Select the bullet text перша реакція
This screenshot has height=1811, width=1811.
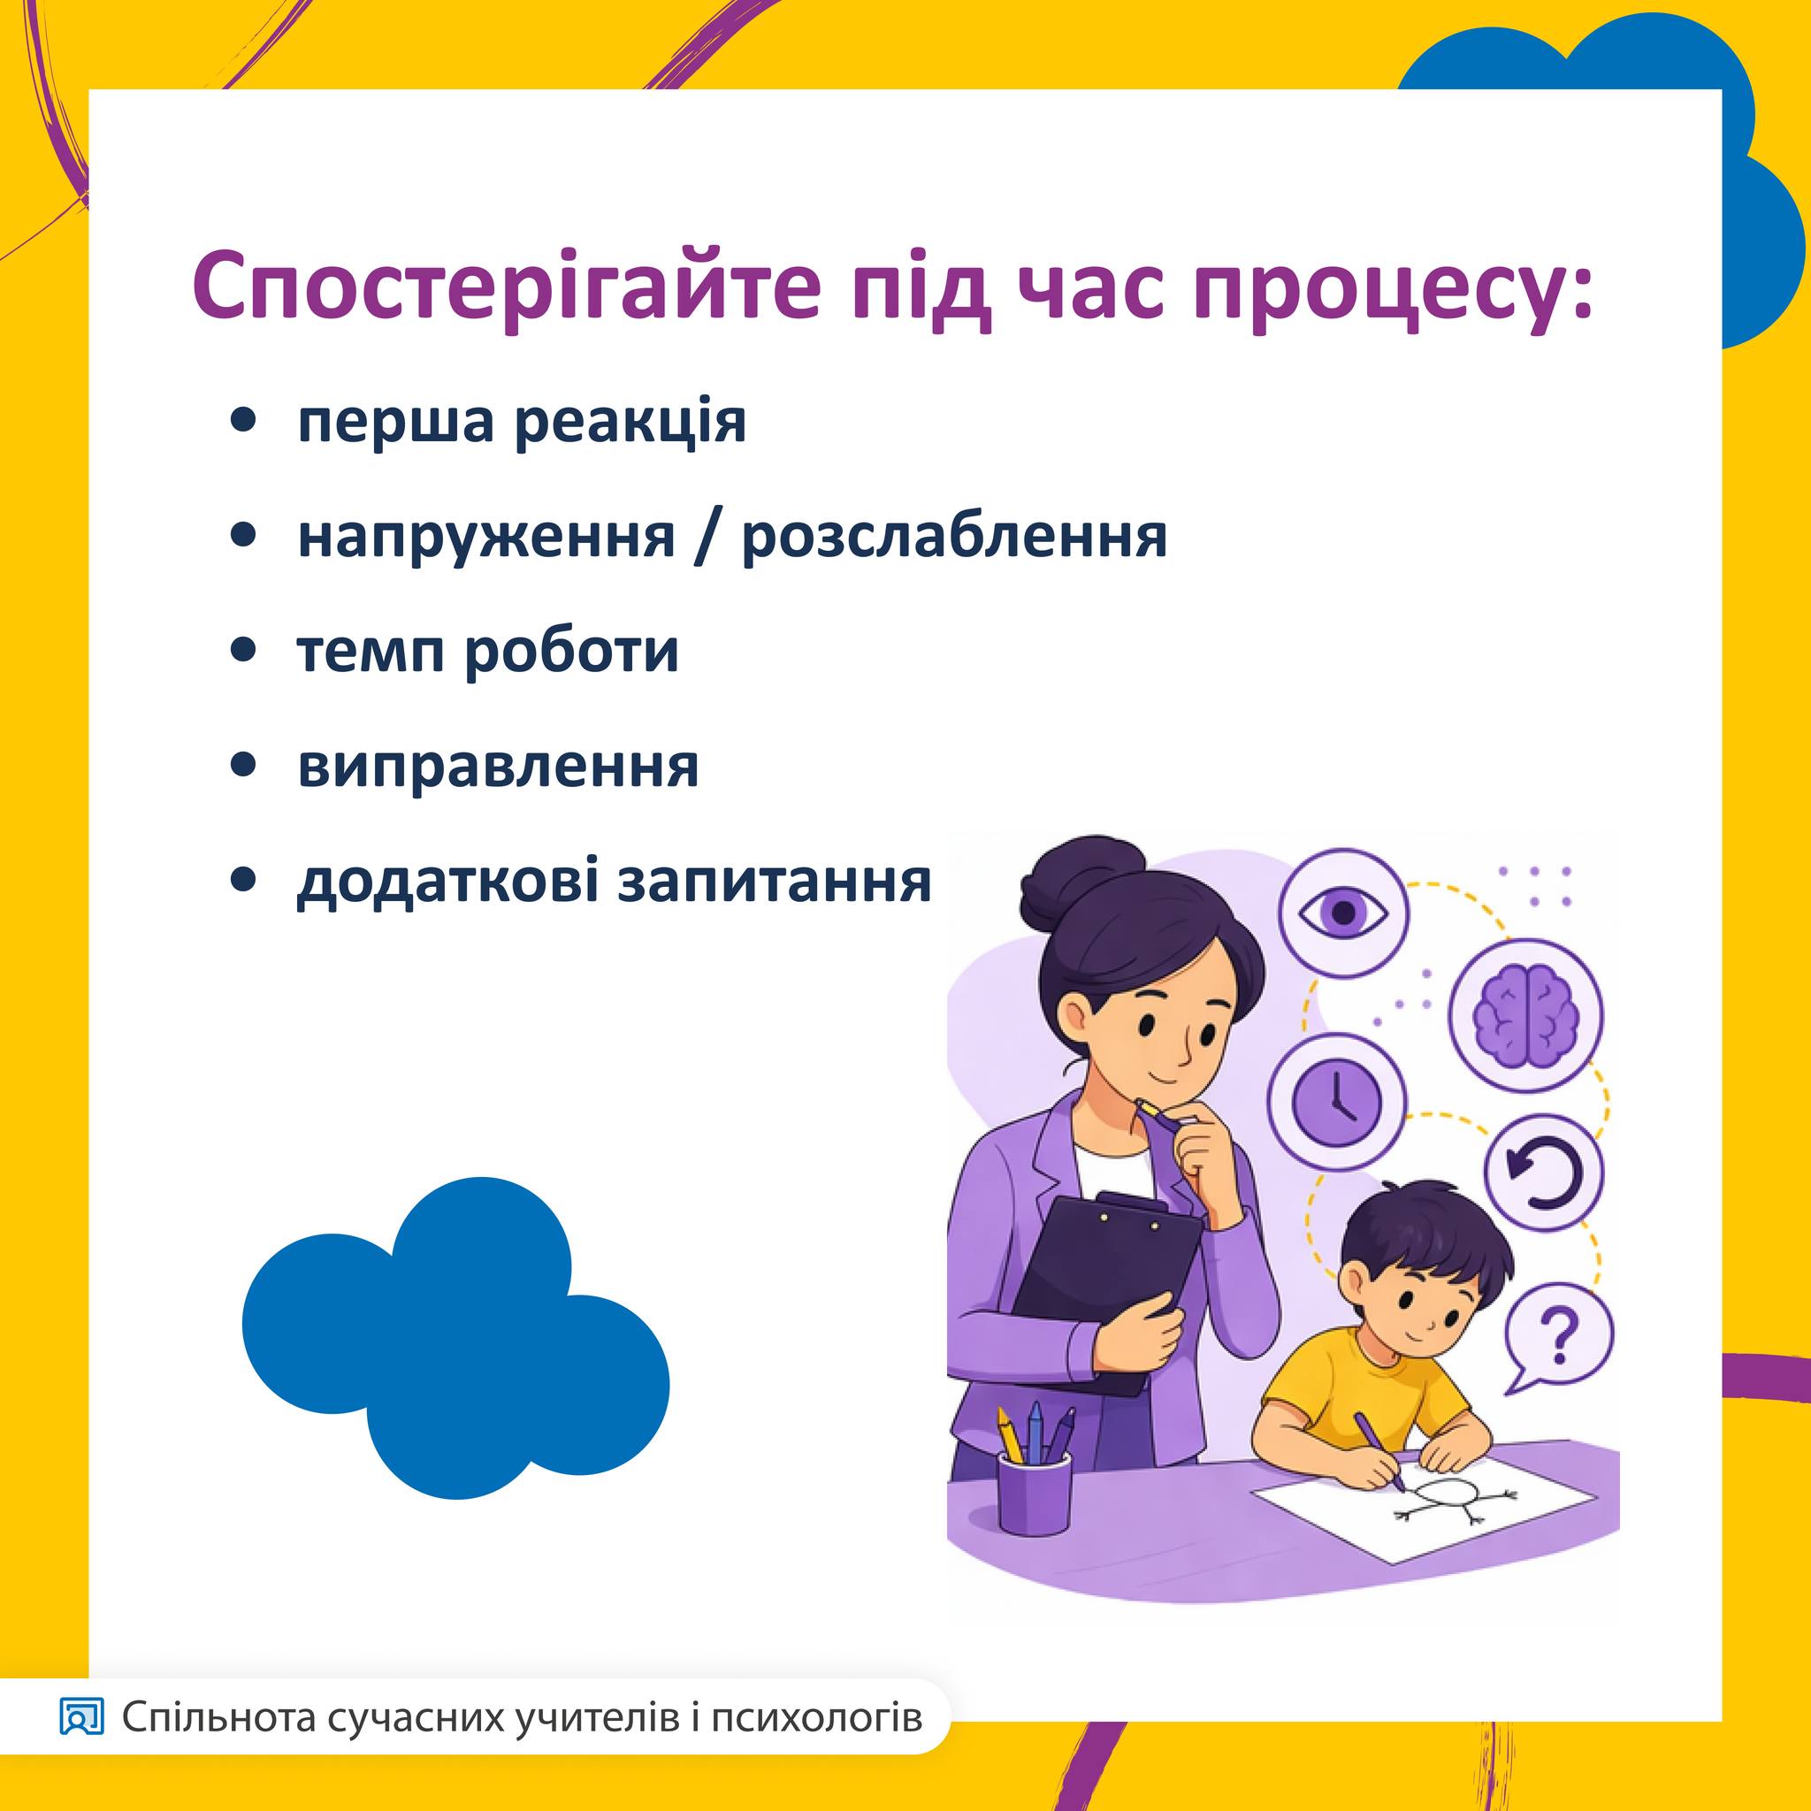[x=522, y=423]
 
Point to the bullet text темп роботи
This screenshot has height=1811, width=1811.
[x=487, y=652]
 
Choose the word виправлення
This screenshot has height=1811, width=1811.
[x=498, y=768]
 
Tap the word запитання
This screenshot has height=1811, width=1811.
[x=775, y=881]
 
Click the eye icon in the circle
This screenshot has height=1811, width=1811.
[x=1343, y=912]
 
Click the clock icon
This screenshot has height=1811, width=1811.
[x=1338, y=1103]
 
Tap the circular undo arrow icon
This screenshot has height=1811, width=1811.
[x=1544, y=1173]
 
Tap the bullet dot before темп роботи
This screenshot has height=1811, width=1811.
[x=244, y=651]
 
